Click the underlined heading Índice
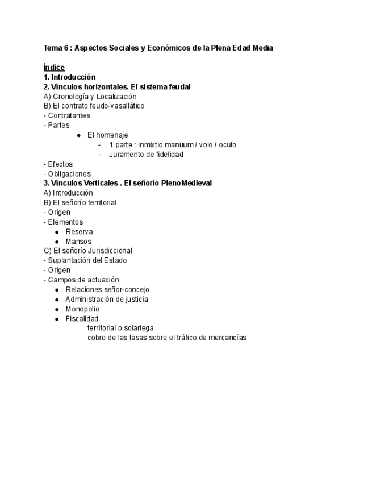click(54, 67)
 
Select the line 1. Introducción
click(69, 77)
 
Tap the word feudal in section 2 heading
click(178, 86)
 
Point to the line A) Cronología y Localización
click(90, 96)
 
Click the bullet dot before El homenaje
click(78, 135)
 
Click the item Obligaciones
click(69, 174)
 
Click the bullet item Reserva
click(79, 232)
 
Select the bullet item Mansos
click(78, 242)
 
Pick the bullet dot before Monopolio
click(57, 309)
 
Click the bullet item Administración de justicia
click(107, 300)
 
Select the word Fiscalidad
click(82, 319)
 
